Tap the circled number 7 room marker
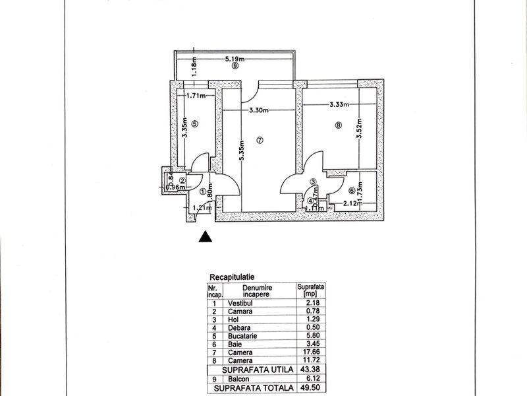coord(260,140)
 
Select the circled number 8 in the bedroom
coord(338,127)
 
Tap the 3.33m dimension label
coord(337,104)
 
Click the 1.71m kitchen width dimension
coord(197,95)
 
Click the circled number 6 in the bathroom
coord(351,191)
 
